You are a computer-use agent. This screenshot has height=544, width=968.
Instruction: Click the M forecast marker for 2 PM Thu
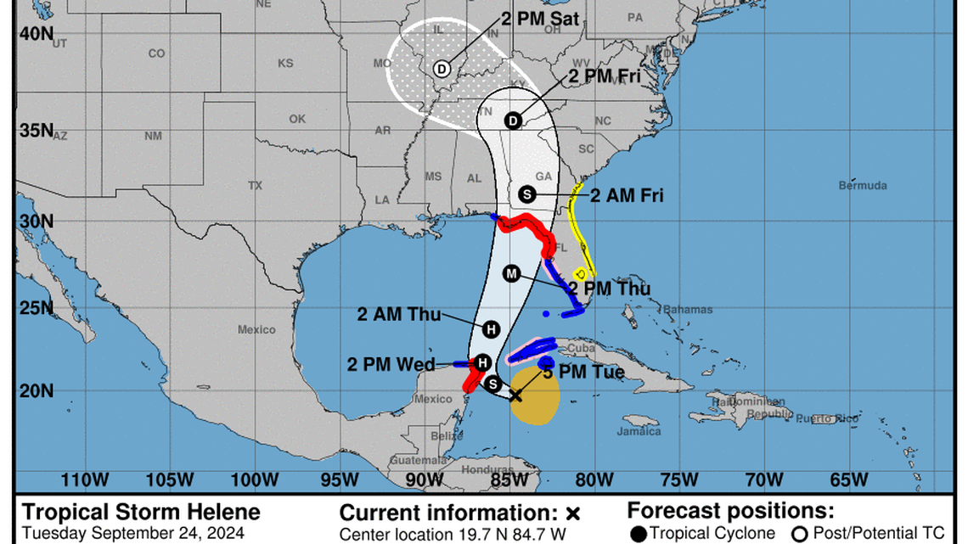tap(511, 273)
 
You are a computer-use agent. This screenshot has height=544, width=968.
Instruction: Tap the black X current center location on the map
tap(515, 395)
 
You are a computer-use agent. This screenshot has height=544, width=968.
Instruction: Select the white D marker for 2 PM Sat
tap(442, 69)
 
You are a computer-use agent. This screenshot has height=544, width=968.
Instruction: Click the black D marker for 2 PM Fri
tap(513, 121)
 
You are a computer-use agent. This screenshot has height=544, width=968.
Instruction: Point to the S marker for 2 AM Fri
tap(526, 193)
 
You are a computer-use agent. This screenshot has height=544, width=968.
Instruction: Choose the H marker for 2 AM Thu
tap(491, 329)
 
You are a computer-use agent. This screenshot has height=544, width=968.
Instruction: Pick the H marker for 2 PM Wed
tap(482, 362)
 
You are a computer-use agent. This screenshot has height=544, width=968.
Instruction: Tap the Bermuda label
tap(862, 185)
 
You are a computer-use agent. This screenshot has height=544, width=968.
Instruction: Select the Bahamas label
tap(688, 310)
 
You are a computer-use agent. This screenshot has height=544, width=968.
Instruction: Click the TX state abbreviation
tap(255, 185)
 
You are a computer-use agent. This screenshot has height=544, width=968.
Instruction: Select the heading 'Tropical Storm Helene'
tap(141, 513)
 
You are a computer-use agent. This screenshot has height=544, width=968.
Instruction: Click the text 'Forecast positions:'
tap(730, 512)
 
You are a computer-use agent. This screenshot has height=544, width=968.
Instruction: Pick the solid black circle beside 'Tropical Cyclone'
tap(639, 534)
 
